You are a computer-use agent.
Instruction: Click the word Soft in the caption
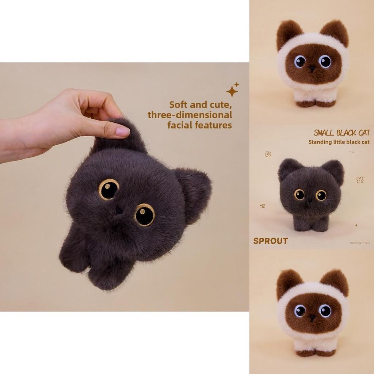point(179,105)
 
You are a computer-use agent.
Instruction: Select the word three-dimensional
point(190,115)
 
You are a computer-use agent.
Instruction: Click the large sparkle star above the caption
point(232,91)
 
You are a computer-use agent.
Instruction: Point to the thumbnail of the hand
point(122,131)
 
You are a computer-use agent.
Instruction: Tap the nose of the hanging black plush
point(119,210)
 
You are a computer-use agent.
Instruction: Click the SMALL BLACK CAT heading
point(342,133)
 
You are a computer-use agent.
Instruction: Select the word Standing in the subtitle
point(320,142)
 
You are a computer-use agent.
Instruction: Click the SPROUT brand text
point(271,241)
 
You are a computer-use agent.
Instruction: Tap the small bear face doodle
point(360,180)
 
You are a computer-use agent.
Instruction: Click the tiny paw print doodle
point(262,206)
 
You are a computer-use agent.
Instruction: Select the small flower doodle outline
point(268,154)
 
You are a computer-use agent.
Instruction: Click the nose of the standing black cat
point(310,200)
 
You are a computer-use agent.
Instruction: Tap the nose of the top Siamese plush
point(313,68)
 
